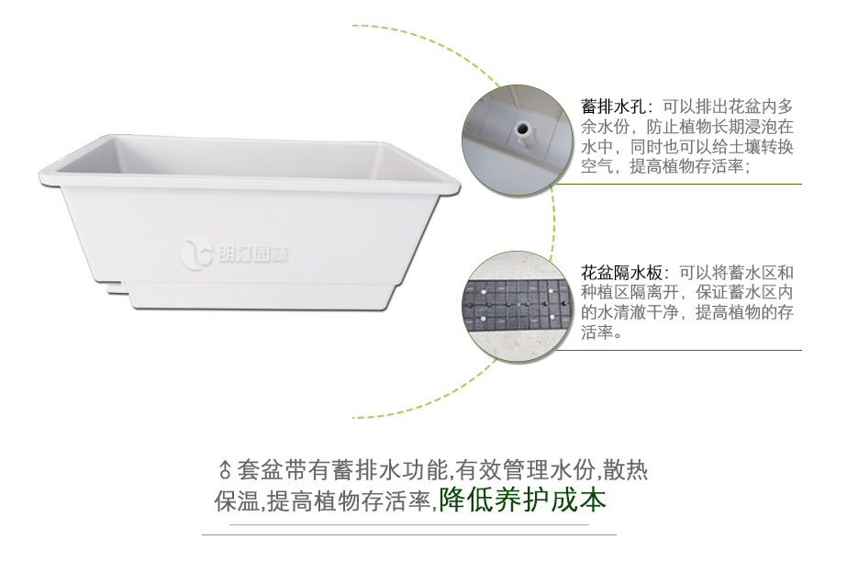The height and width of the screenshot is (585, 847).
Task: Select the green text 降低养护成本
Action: coord(523,501)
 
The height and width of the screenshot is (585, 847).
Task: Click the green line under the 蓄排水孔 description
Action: coord(679,184)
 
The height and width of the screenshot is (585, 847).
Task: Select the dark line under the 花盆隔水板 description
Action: coord(679,350)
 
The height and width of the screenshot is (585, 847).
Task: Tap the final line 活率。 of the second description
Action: coord(602,333)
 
